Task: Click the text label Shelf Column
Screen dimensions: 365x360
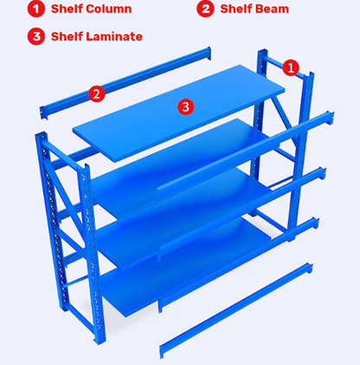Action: [91, 10]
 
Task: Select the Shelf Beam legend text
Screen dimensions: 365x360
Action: [254, 10]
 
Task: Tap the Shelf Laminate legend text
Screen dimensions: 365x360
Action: [96, 36]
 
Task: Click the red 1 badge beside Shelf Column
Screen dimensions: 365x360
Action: [35, 10]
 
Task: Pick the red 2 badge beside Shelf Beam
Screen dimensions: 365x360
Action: [205, 10]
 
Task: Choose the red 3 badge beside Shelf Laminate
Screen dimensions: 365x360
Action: [35, 36]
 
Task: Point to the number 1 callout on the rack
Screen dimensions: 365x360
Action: [291, 67]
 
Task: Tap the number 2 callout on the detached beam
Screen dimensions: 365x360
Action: [97, 93]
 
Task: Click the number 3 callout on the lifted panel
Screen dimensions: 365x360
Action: [184, 106]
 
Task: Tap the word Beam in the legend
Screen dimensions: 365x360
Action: [273, 10]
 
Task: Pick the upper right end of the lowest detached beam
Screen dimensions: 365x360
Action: [307, 263]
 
